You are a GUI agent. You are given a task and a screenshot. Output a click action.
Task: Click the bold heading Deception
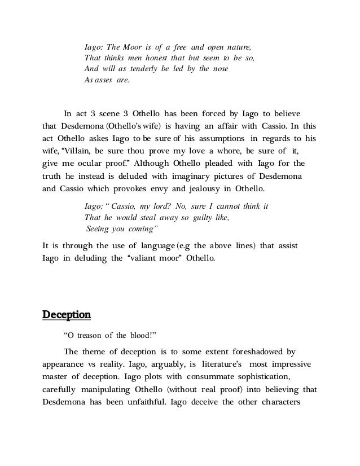pyautogui.click(x=67, y=314)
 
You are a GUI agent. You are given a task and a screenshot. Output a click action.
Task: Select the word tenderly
pyautogui.click(x=139, y=69)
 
